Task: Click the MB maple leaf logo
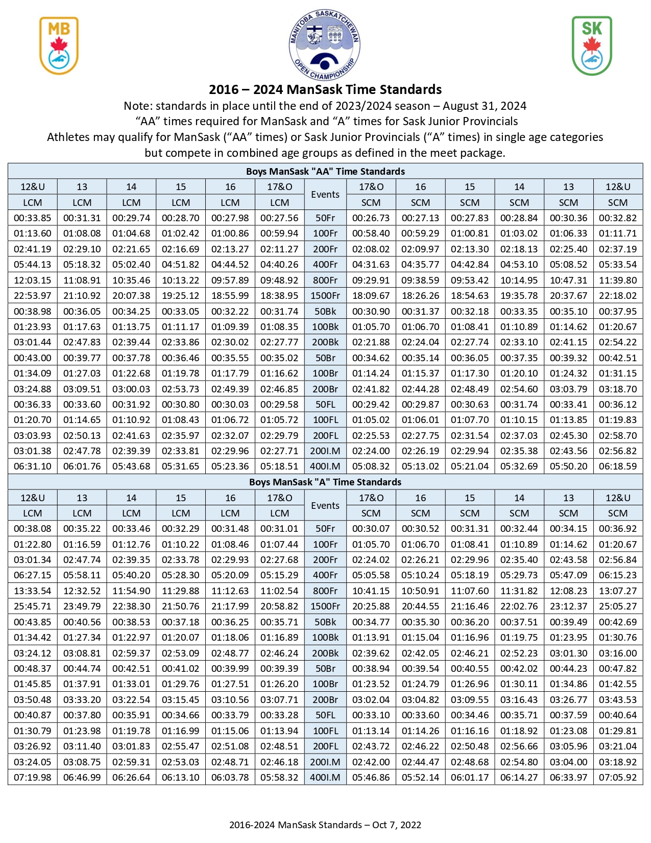tap(59, 45)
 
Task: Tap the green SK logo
tap(592, 45)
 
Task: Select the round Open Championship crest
tap(325, 45)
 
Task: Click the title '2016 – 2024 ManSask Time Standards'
tap(325, 90)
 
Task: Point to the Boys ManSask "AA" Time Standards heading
tap(325, 171)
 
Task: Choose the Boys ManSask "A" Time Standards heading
tap(325, 482)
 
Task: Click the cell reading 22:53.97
tap(33, 296)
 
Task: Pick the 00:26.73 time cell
tap(371, 218)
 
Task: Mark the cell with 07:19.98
tap(33, 778)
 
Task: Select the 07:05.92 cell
tap(618, 778)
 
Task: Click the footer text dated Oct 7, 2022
tap(325, 825)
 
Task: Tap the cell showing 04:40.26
tap(279, 265)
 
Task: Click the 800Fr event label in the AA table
tap(325, 280)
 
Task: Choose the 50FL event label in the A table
tap(325, 715)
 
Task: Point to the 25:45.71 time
tap(33, 606)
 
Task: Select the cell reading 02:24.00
tap(371, 451)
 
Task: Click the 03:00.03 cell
tap(131, 389)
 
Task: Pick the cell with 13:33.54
tap(33, 591)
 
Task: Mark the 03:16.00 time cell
tap(618, 653)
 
